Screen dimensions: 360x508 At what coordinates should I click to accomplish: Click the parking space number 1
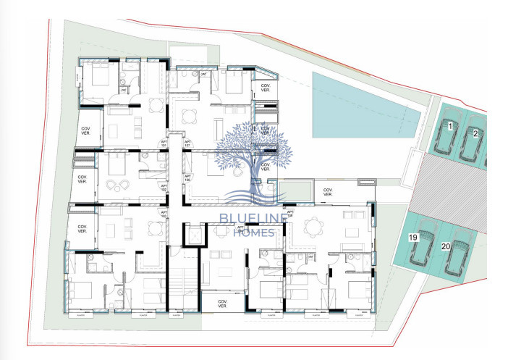(450, 127)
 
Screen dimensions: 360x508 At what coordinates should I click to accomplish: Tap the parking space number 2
(475, 133)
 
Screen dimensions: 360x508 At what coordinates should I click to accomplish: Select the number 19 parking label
(413, 237)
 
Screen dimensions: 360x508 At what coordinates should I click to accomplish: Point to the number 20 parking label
(446, 246)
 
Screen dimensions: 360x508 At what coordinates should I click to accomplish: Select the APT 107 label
(188, 144)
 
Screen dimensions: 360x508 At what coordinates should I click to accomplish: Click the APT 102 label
(164, 187)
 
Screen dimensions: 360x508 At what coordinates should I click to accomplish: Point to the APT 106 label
(187, 177)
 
